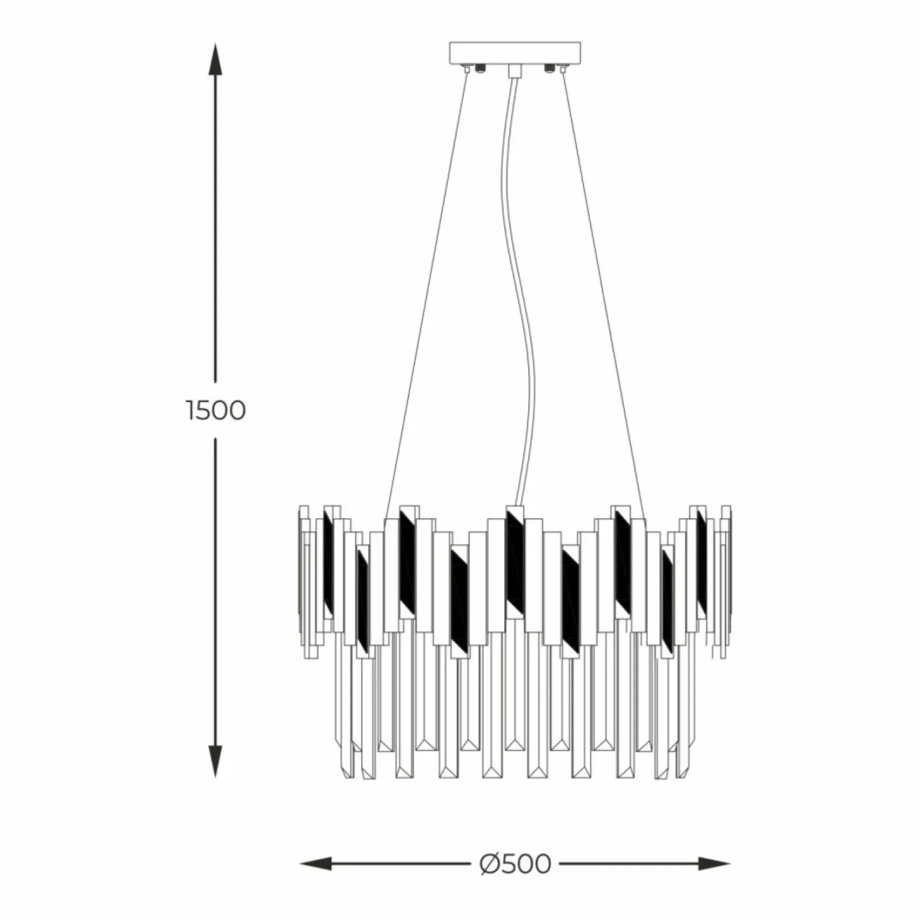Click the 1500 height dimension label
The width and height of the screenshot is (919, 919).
pos(216,411)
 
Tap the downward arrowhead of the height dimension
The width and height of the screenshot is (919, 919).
pos(215,762)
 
